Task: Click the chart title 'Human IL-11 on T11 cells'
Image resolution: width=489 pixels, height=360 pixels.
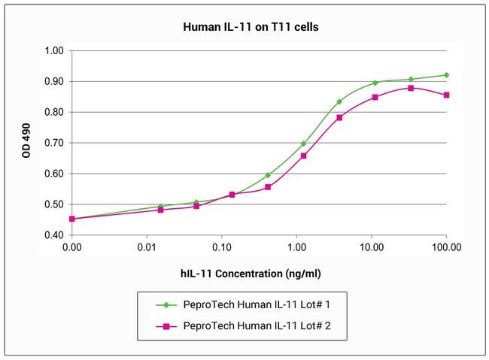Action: click(x=244, y=26)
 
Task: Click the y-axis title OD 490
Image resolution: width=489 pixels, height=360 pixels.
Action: click(x=28, y=143)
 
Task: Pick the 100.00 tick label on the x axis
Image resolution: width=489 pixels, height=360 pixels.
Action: click(x=447, y=247)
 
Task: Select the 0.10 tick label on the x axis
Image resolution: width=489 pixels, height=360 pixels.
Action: click(x=222, y=247)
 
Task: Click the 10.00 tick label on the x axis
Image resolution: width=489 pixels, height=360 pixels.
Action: click(x=371, y=247)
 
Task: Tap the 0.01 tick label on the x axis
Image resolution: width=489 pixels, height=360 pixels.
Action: click(x=147, y=247)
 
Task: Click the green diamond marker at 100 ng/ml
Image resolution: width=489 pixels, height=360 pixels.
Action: click(x=446, y=75)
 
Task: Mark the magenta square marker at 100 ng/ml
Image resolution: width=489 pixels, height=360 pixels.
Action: click(x=447, y=95)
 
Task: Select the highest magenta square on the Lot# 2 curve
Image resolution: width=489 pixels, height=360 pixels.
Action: click(x=411, y=88)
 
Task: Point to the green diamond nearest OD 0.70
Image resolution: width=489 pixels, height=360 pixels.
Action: click(x=304, y=144)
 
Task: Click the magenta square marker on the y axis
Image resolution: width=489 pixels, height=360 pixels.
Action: click(x=72, y=219)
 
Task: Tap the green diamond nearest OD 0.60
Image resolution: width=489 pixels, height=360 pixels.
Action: click(x=268, y=175)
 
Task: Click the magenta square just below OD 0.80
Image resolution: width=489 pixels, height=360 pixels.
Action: click(x=339, y=117)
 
